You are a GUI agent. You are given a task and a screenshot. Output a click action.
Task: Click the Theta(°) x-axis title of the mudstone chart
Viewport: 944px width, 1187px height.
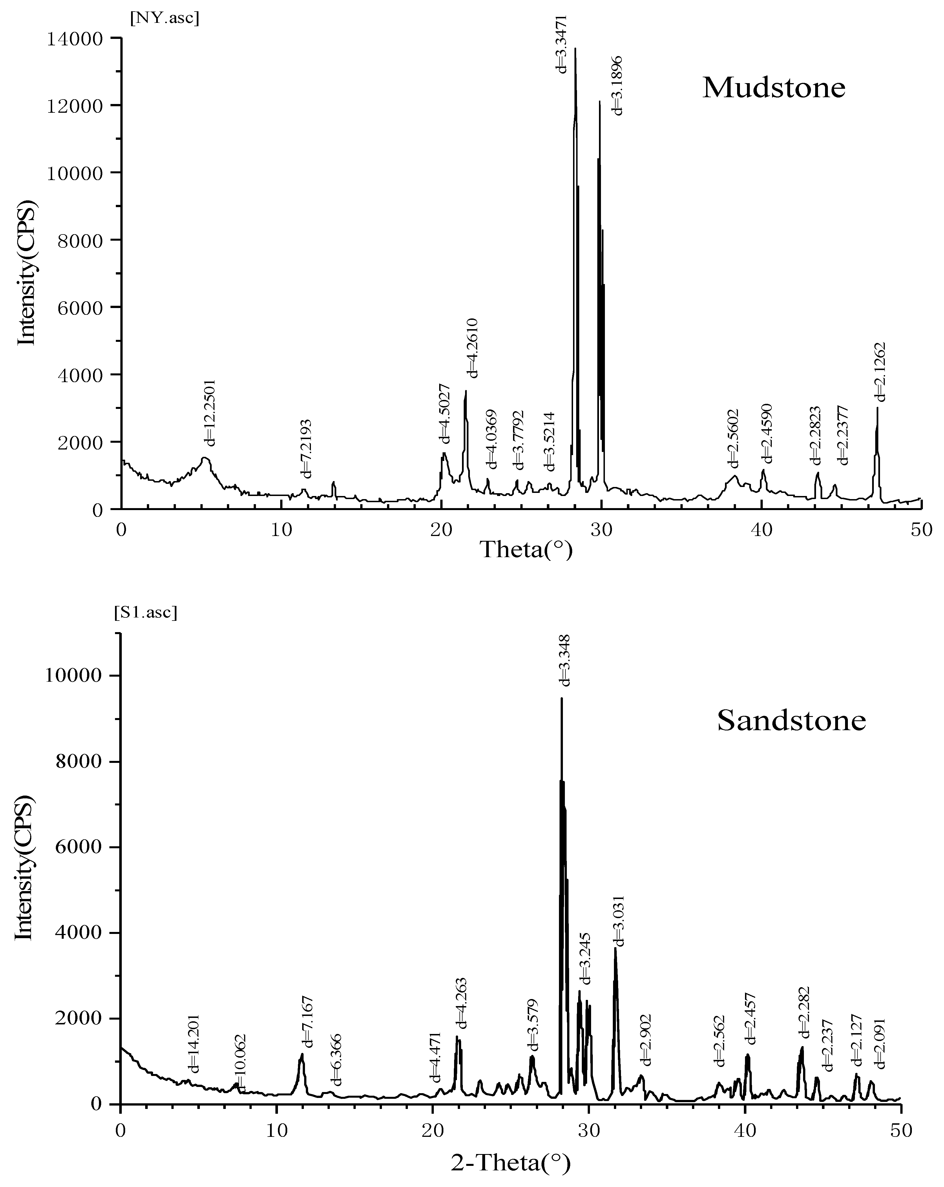(526, 550)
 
